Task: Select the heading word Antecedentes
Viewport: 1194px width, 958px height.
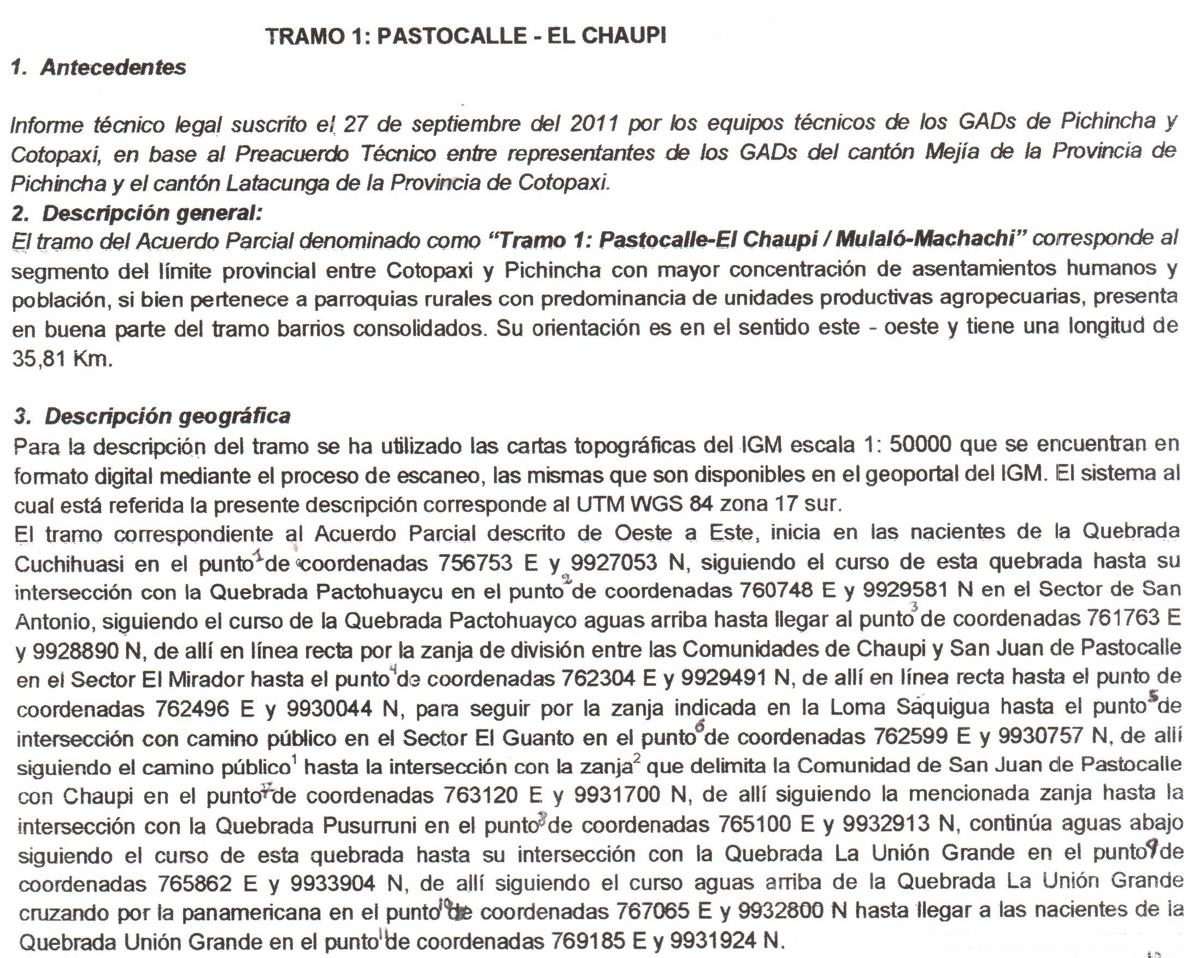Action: point(114,68)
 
